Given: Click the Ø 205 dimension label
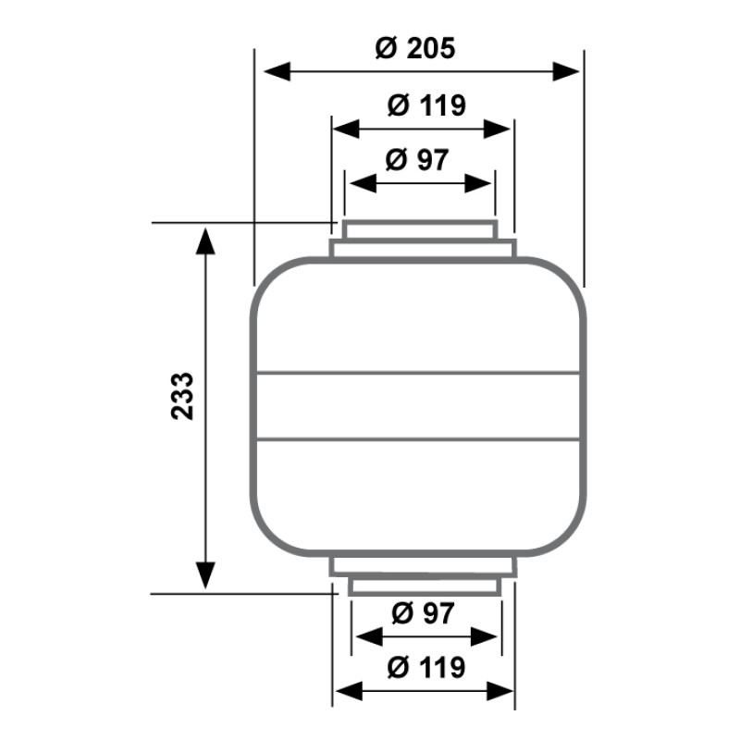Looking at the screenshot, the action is pyautogui.click(x=415, y=48).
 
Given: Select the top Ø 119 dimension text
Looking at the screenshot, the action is pyautogui.click(x=426, y=105).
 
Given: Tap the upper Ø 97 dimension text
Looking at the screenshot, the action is pyautogui.click(x=417, y=159).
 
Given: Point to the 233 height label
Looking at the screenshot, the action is pyautogui.click(x=182, y=396).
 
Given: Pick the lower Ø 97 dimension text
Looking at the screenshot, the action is pyautogui.click(x=423, y=613).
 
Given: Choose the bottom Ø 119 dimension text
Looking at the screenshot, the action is pyautogui.click(x=426, y=667).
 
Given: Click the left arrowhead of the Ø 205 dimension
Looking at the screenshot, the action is pyautogui.click(x=277, y=72).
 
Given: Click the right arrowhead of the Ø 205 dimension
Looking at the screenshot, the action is pyautogui.click(x=566, y=72).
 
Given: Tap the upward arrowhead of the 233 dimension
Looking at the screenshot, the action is pyautogui.click(x=205, y=240).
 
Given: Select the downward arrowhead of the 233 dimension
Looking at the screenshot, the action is pyautogui.click(x=205, y=575).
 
